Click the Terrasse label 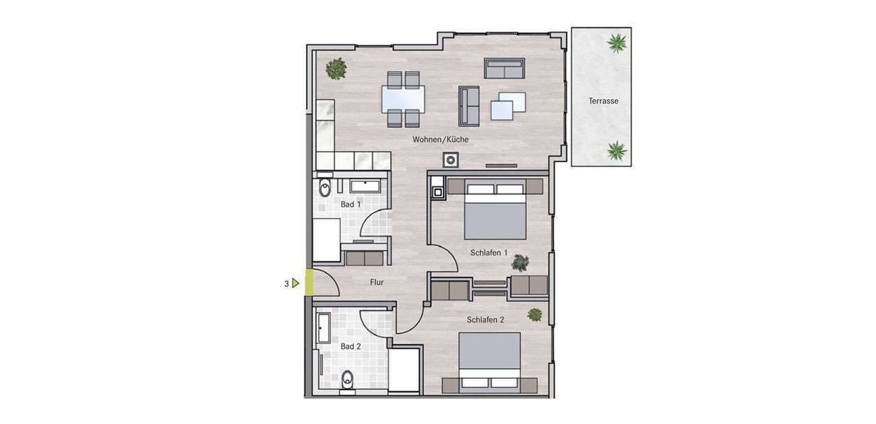pos(604,101)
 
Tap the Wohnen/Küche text pos(440,140)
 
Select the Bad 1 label pos(351,204)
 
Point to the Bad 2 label pos(351,347)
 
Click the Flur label pos(377,282)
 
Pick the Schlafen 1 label pos(489,253)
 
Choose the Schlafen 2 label pos(485,319)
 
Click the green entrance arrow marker pos(296,283)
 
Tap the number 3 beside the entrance pos(287,284)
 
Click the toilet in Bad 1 pos(325,187)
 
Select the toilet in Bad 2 pos(347,379)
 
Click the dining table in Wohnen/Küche pos(403,99)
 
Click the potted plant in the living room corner pos(336,69)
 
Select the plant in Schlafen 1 pos(521,263)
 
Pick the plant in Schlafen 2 pos(534,315)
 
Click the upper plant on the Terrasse pos(617,43)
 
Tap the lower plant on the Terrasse pos(617,151)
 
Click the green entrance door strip pos(309,282)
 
